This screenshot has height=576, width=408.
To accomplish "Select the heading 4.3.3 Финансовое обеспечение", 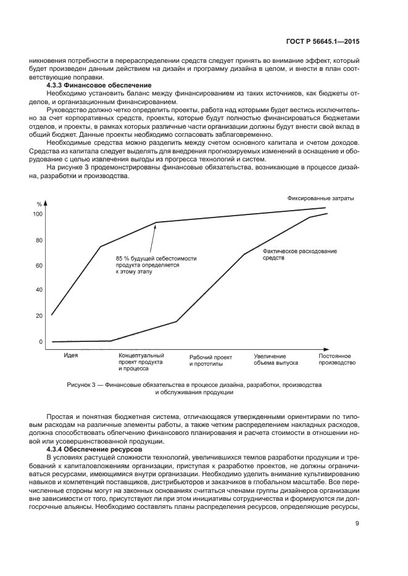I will point(99,84).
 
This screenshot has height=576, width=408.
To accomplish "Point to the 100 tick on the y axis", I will point(38,214).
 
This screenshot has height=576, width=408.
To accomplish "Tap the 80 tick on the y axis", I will point(40,240).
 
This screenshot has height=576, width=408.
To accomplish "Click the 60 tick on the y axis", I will point(40,266).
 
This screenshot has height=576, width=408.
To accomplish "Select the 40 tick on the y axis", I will point(40,290).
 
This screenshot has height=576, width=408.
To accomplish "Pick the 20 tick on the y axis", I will point(40,315).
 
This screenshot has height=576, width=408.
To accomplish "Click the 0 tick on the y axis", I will point(41,342).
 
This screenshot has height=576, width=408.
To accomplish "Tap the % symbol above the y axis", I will point(39,204).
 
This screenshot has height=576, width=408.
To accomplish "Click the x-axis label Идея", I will point(70,356).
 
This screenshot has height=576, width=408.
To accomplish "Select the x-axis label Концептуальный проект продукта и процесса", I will point(141,362).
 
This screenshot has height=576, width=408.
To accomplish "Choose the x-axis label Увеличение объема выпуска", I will point(275,360).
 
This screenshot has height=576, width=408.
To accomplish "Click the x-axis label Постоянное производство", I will point(336,360).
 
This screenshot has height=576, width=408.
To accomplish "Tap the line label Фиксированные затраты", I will point(320,198).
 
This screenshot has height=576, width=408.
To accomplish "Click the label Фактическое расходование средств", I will point(291,254).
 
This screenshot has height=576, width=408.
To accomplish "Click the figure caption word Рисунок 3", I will point(83,385).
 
